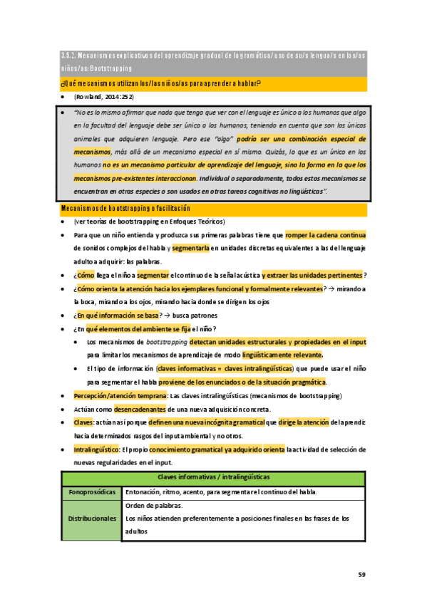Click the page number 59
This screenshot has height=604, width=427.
pos(361,573)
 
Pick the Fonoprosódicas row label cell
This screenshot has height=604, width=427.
pos(91,492)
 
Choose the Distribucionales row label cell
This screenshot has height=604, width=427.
pos(91,519)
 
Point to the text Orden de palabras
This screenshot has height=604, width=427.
pos(153,506)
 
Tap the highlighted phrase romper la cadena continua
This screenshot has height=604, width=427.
pos(325,234)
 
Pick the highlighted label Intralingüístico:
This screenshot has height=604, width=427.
pos(98,449)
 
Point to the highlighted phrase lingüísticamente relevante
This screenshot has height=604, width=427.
pos(282,355)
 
